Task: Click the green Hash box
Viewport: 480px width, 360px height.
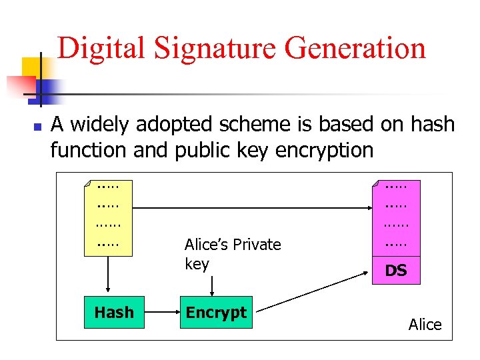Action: pos(114,312)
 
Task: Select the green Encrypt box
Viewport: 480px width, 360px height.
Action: pos(216,312)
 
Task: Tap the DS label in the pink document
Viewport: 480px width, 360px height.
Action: pos(397,271)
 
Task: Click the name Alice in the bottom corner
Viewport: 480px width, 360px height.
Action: pos(425,325)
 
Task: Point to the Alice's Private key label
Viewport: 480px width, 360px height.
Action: pos(233,254)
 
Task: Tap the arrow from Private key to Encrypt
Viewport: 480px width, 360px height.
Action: pos(212,285)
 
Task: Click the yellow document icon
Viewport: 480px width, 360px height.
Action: pos(109,217)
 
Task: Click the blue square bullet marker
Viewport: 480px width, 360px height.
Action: pos(38,125)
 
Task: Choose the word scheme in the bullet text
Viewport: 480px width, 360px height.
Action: pos(253,125)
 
